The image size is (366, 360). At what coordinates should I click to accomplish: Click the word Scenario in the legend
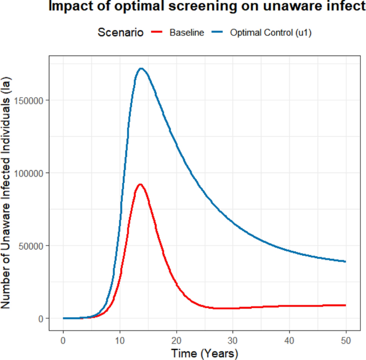click(x=120, y=33)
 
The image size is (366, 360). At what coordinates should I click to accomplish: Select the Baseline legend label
click(x=186, y=33)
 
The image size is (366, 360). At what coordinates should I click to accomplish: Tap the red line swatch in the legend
click(x=157, y=33)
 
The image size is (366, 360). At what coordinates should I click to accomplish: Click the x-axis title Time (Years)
click(x=205, y=353)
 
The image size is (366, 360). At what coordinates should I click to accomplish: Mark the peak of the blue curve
click(x=141, y=68)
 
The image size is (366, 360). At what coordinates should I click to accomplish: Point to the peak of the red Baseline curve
click(x=140, y=185)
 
